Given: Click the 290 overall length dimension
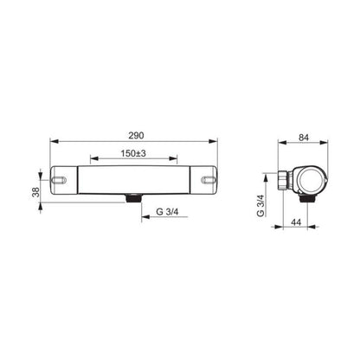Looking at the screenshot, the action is point(136,135).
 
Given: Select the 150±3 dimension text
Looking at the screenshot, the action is point(133,153).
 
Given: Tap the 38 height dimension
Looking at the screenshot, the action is point(35,192).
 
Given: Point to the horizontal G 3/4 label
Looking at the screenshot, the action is point(167,212).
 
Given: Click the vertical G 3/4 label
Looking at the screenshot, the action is point(260,205).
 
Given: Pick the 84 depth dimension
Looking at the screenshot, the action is point(304,138).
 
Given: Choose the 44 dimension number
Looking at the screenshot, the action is point(296,222).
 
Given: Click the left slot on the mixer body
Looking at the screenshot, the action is point(59,180).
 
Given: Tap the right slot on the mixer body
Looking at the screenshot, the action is point(209,180).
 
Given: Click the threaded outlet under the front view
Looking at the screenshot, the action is point(133,198).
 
